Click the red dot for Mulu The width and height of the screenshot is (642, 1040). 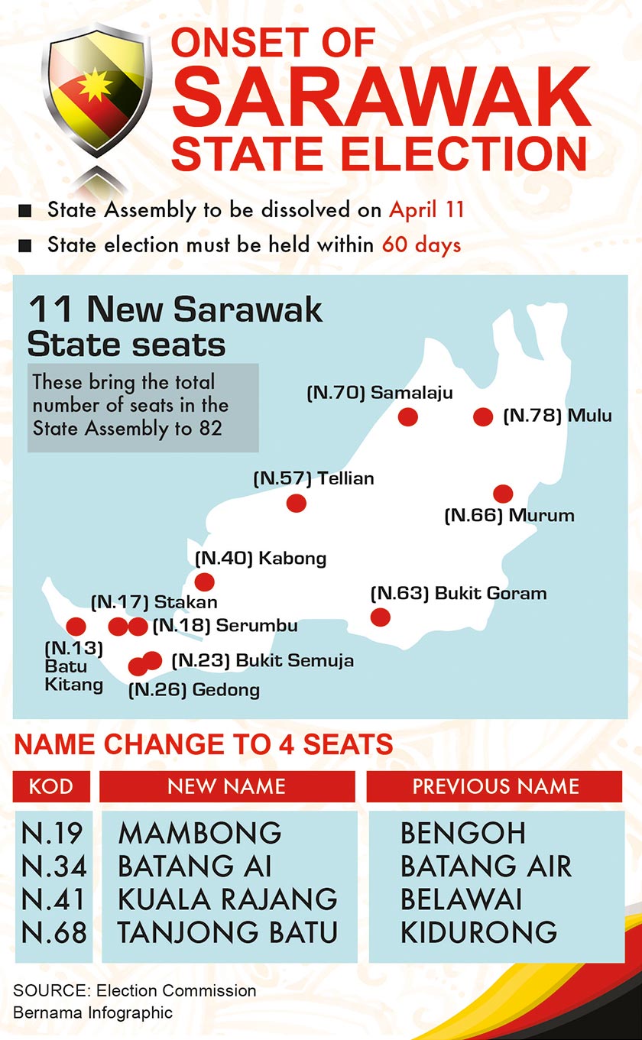point(482,416)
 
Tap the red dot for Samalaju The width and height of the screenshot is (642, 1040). point(408,416)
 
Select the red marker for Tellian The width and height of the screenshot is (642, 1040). point(296,503)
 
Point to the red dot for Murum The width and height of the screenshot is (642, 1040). point(502,494)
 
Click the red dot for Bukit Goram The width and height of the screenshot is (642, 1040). point(379,617)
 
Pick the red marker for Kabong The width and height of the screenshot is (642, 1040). point(205,582)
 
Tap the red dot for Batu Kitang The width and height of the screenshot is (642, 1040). point(76,627)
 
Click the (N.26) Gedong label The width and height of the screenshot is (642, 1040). point(194,690)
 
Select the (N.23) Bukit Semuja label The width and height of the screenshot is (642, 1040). point(262,660)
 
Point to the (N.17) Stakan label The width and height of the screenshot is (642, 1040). point(154,601)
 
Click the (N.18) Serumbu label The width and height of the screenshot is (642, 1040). point(225,626)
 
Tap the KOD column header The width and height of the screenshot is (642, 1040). point(52,786)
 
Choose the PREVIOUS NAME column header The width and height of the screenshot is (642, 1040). point(495,786)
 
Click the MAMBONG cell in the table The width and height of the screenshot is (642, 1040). point(200,833)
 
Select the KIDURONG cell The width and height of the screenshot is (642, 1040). point(478,932)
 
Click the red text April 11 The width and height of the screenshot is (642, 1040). point(426,209)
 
